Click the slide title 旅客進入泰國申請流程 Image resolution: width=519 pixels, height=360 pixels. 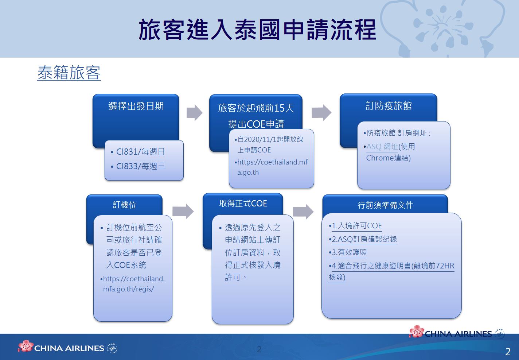tap(257, 30)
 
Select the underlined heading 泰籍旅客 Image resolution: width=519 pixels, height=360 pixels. tap(69, 73)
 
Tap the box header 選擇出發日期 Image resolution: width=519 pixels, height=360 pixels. tap(136, 106)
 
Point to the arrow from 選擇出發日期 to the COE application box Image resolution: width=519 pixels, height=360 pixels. tap(194, 113)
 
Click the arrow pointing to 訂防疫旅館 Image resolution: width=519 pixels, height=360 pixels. tap(321, 113)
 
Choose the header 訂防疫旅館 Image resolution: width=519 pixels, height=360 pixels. tap(389, 106)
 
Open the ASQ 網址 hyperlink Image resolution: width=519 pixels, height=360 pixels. tap(382, 147)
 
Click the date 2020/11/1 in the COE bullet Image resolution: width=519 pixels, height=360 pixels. tap(260, 139)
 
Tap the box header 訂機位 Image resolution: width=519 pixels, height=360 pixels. tap(124, 205)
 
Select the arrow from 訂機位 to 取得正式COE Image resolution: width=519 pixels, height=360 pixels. tap(183, 211)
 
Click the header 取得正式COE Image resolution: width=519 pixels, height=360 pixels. tap(243, 203)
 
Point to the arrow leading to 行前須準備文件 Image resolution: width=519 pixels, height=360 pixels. tap(303, 212)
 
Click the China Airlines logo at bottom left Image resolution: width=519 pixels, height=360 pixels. tap(68, 347)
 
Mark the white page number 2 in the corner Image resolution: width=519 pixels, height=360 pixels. tap(508, 352)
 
